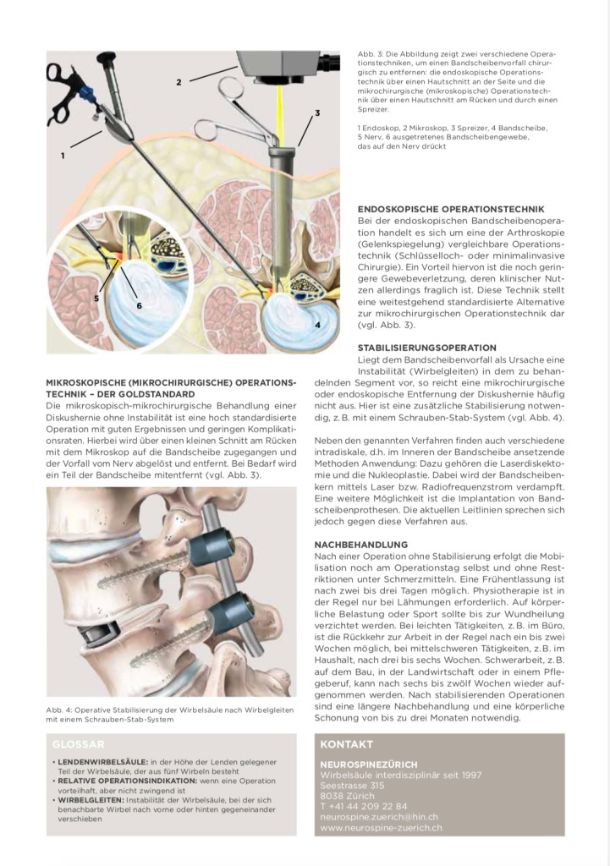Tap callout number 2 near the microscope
coord(179,82)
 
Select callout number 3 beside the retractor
coord(317,112)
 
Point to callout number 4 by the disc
coord(316,324)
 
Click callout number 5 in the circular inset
coord(96,299)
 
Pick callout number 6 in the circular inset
coord(139,304)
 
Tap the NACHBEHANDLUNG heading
coord(361,545)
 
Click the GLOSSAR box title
coord(79,744)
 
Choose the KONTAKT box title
coord(347,744)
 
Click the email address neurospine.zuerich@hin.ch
coord(379,817)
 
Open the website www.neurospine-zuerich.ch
coord(382,828)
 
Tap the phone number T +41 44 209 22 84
coord(364,806)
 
